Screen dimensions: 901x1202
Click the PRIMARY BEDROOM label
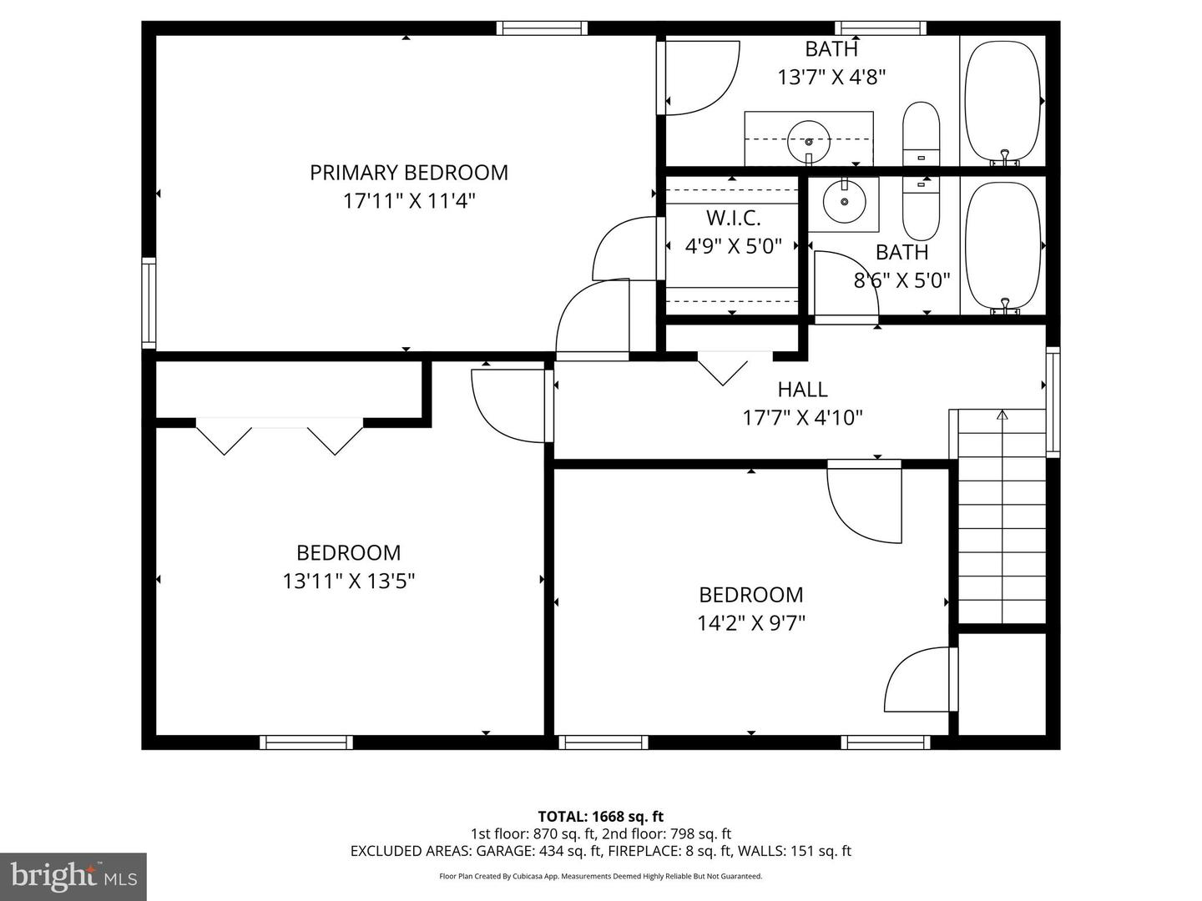tap(408, 173)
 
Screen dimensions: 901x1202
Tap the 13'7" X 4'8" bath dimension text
tap(831, 78)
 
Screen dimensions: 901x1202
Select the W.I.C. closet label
tap(733, 219)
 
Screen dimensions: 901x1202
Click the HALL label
tap(802, 390)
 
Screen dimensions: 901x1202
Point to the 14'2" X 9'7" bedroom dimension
tap(750, 623)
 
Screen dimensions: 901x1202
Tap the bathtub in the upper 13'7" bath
tap(1003, 100)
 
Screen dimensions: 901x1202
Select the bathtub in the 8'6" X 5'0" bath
tap(1003, 246)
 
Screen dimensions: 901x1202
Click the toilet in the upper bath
tap(921, 133)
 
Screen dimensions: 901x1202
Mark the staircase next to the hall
tap(1001, 517)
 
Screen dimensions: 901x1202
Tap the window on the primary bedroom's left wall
tap(149, 303)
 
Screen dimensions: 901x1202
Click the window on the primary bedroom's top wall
tap(542, 28)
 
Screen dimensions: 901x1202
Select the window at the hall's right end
tap(1053, 401)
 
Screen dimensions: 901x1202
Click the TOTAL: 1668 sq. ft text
tap(600, 817)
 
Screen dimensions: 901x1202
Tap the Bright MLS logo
tap(73, 876)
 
